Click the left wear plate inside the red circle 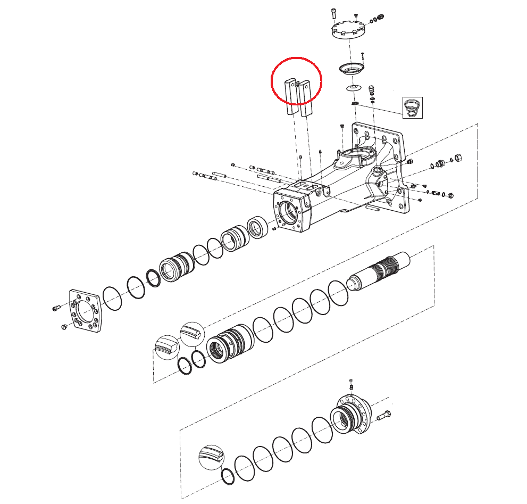click(x=290, y=97)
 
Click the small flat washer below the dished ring click(x=353, y=87)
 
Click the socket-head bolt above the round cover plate click(x=333, y=14)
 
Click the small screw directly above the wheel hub click(x=351, y=384)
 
